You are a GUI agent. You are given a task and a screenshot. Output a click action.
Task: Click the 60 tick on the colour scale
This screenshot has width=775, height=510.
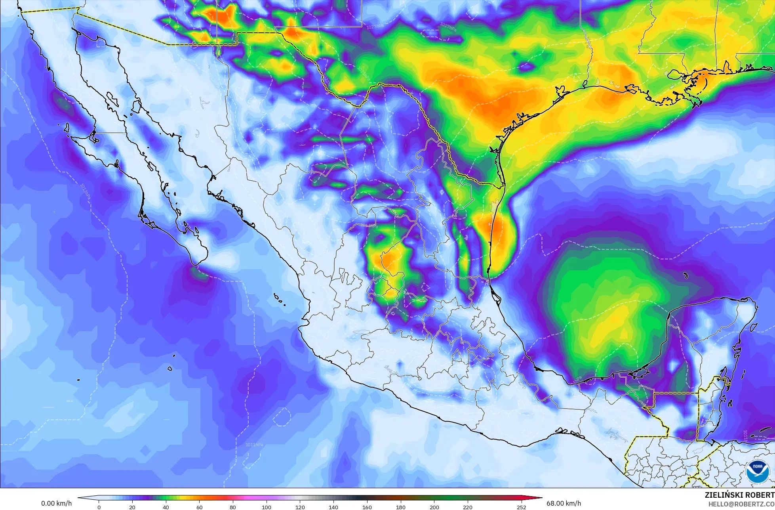(199, 507)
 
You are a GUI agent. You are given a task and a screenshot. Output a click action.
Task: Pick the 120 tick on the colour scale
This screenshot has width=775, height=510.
(300, 507)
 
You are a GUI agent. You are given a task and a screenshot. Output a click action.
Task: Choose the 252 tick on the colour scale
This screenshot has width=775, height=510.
(521, 507)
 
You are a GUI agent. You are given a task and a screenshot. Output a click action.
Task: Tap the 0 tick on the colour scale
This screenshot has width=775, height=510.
(99, 507)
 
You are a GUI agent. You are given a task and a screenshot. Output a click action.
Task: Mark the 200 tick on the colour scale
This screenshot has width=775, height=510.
(434, 507)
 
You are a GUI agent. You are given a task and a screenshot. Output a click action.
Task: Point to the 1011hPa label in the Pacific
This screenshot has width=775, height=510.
(254, 445)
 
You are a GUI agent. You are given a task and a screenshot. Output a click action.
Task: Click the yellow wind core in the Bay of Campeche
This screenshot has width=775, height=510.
(612, 319)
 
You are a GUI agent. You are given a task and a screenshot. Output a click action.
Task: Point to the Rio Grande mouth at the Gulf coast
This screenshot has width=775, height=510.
(504, 186)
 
